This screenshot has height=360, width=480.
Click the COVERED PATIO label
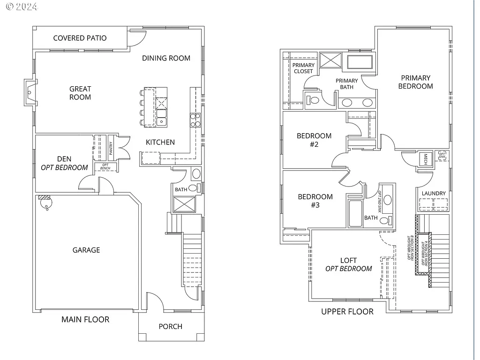[x=80, y=38]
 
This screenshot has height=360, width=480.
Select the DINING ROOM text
[x=166, y=58]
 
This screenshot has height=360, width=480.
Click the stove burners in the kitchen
[x=195, y=120]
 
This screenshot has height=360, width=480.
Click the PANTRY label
[x=111, y=148]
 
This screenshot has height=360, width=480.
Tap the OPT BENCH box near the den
[x=105, y=167]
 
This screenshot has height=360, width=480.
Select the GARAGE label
[x=86, y=250]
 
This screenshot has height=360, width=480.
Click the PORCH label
[x=170, y=326]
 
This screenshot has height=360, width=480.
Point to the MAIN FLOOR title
[x=85, y=319]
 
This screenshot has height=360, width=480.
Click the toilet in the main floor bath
[x=196, y=174]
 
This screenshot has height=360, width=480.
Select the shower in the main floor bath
[x=182, y=204]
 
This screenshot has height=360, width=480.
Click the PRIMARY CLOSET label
[x=303, y=68]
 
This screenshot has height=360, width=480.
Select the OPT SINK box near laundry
[x=442, y=155]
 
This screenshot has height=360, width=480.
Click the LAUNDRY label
[x=434, y=193]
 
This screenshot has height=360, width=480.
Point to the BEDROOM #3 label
[x=315, y=201]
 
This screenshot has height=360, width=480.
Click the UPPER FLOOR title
[x=347, y=312]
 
